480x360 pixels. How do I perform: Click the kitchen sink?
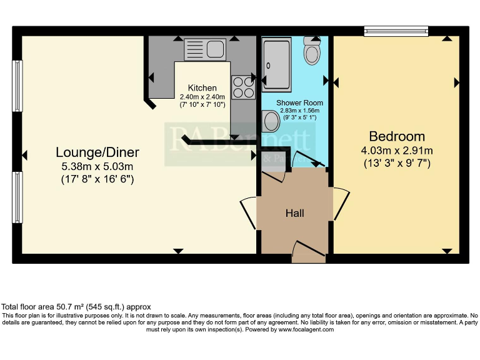tap(205, 48)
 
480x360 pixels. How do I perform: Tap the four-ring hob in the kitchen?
tap(242, 87)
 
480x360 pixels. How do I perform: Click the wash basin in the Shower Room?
tap(270, 119)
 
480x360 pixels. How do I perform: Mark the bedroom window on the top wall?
tap(396, 30)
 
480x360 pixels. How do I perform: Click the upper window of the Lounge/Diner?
tap(17, 88)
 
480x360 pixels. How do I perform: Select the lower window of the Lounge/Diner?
tap(17, 197)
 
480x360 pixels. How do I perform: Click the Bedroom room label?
tap(396, 136)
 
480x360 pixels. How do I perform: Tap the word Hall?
tap(294, 214)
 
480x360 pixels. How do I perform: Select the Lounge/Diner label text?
tap(97, 152)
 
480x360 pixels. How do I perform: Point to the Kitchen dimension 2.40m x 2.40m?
tap(202, 97)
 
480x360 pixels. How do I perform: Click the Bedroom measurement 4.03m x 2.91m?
tap(396, 151)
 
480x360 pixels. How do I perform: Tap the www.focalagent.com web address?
tap(306, 329)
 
